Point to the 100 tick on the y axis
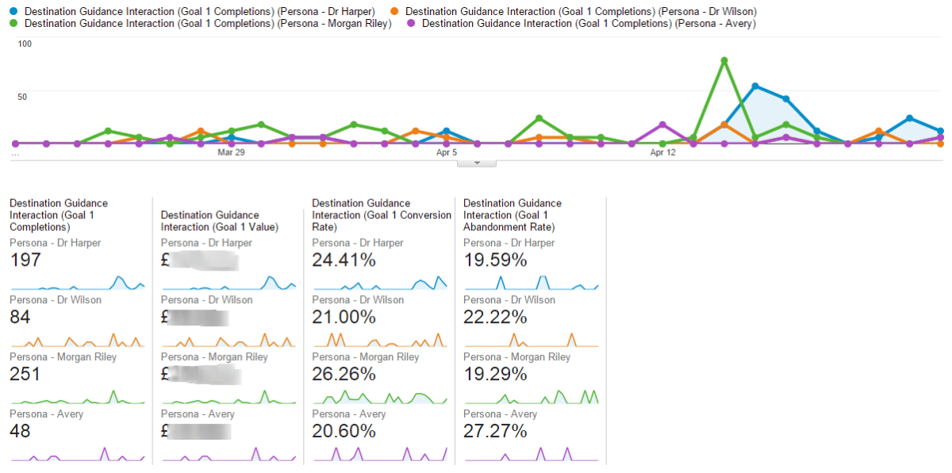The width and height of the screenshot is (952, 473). click(25, 44)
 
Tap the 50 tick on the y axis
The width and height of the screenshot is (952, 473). click(25, 97)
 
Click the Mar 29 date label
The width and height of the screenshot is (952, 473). click(231, 152)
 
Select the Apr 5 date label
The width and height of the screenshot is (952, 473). click(447, 152)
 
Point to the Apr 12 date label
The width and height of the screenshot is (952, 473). click(662, 152)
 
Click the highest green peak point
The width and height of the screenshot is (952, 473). click(724, 60)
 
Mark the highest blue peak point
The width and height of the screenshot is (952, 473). click(755, 86)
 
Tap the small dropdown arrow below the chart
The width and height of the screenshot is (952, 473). click(477, 163)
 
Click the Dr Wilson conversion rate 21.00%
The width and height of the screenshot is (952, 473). click(344, 317)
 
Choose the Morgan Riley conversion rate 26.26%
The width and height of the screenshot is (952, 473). click(344, 375)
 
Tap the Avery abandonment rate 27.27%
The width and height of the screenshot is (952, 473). click(495, 431)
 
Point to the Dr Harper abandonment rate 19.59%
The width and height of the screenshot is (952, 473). click(495, 260)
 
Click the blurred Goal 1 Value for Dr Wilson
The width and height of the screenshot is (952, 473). click(198, 317)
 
